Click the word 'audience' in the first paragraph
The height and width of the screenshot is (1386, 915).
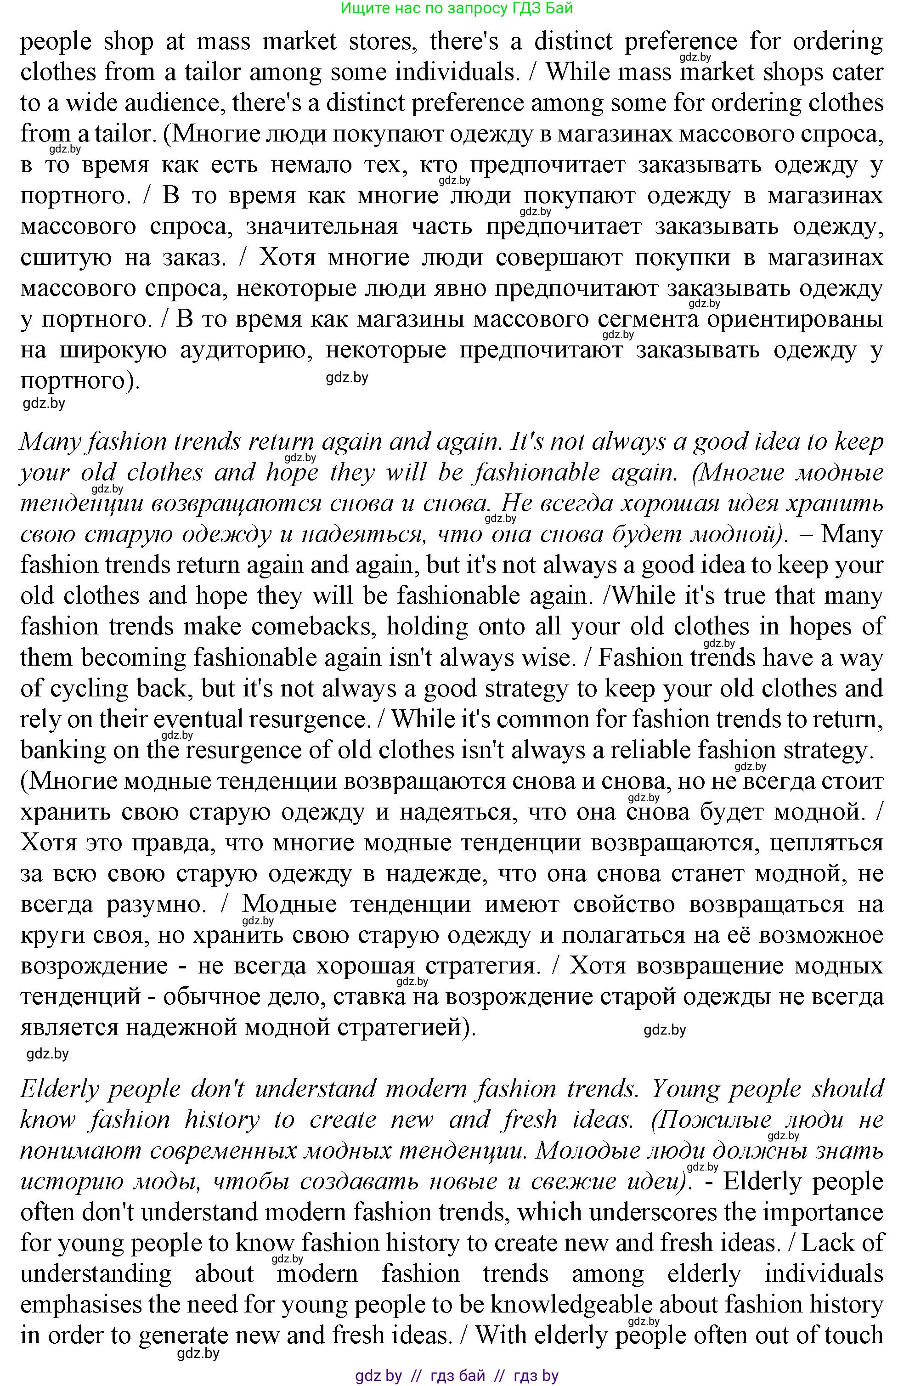[x=147, y=103]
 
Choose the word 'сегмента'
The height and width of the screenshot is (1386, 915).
[x=648, y=320]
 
